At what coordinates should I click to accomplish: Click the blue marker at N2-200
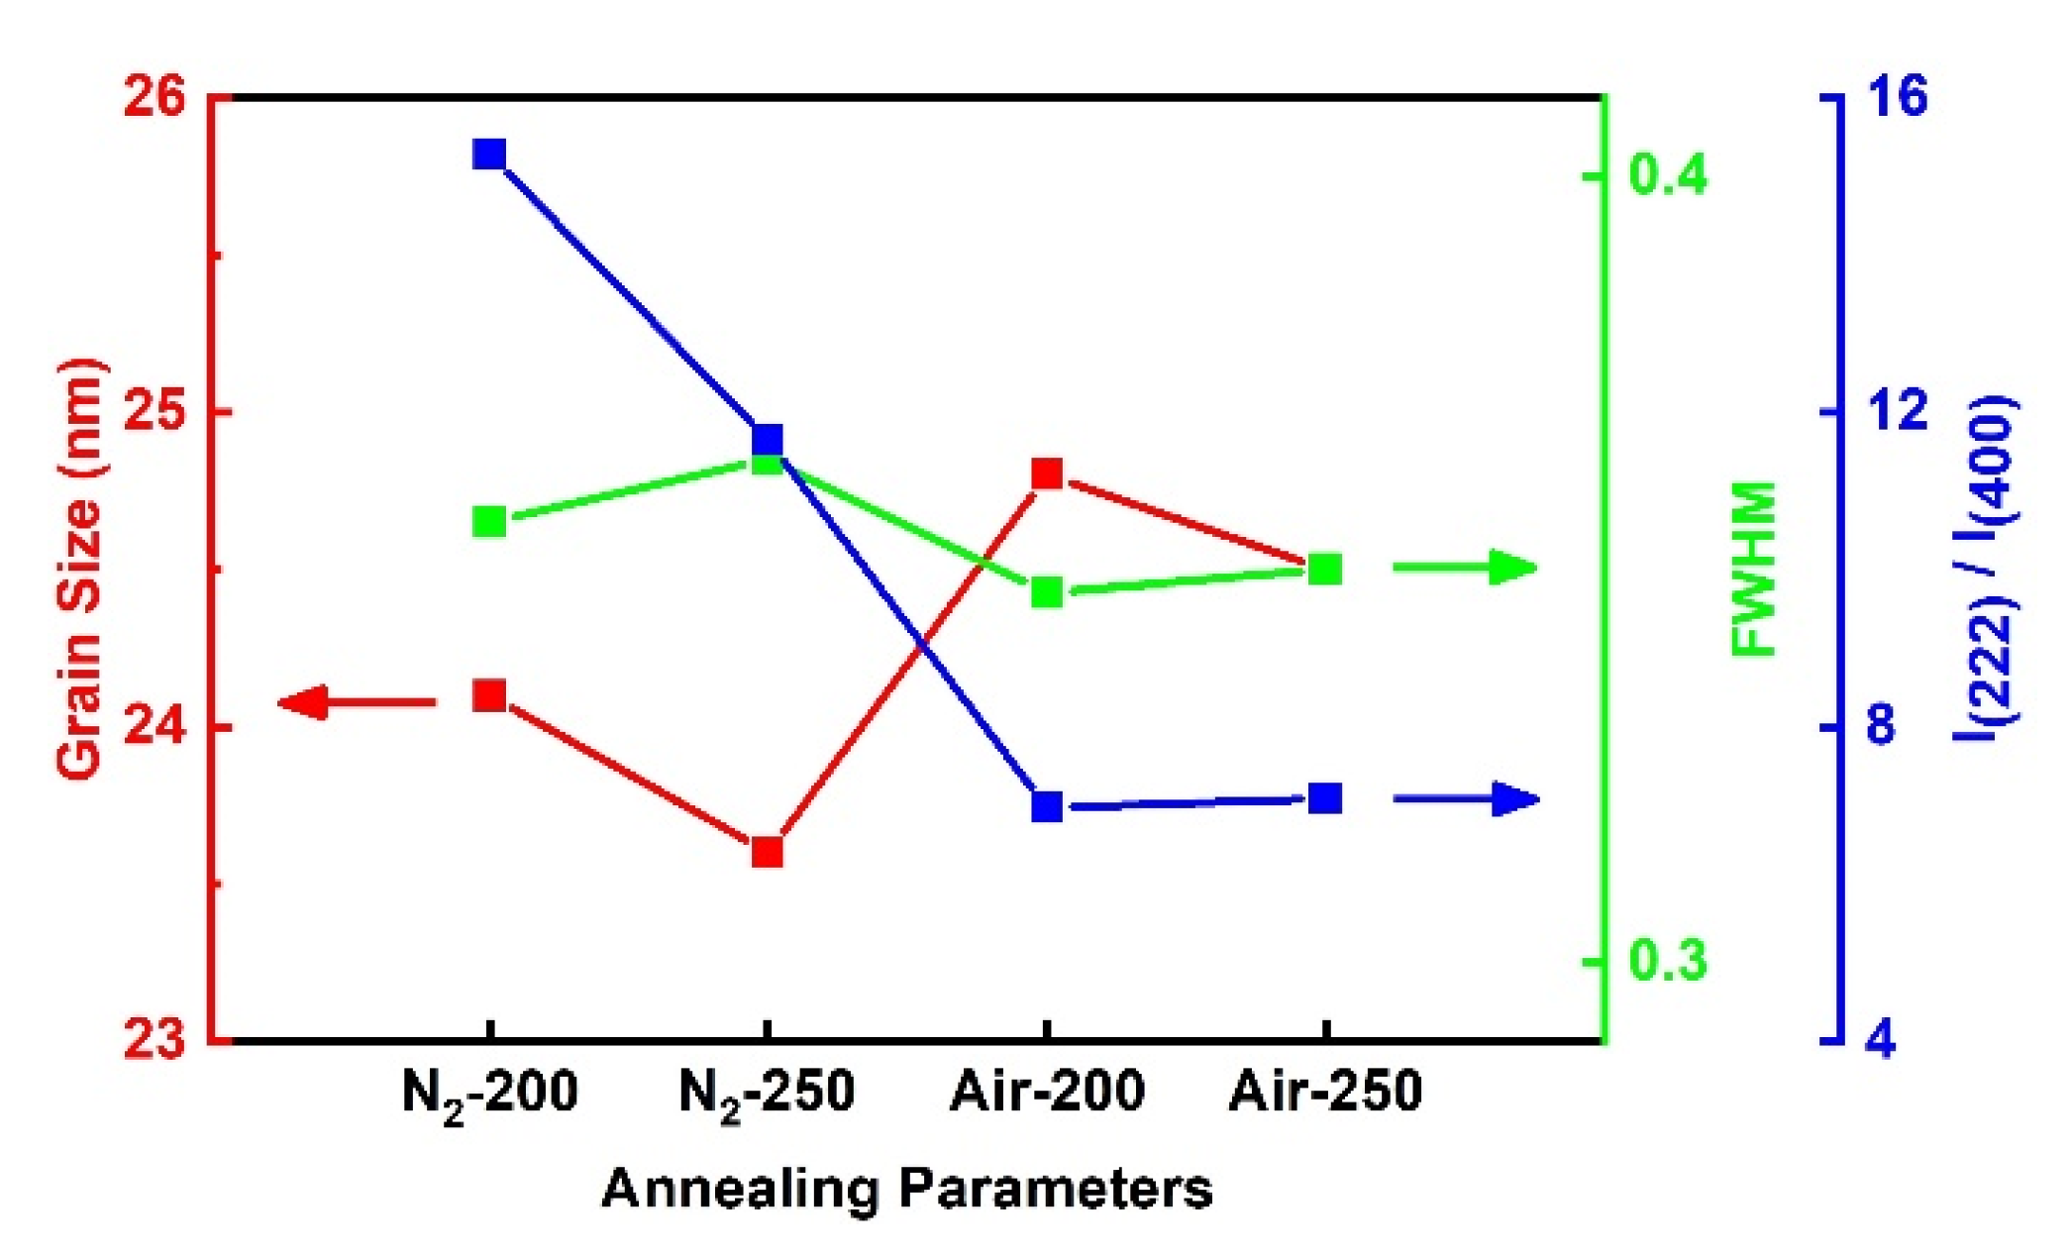(x=489, y=155)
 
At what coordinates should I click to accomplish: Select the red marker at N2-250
(x=768, y=852)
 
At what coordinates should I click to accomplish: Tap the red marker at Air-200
(x=1047, y=473)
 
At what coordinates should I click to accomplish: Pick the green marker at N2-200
(x=489, y=522)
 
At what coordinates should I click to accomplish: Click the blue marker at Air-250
(x=1325, y=798)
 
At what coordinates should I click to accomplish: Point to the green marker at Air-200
(x=1047, y=593)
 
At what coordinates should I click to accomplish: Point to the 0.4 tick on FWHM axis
(x=1668, y=175)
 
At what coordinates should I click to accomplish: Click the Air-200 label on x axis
(x=1047, y=1092)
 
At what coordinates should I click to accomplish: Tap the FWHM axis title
(x=1756, y=570)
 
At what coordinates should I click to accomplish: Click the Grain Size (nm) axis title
(x=79, y=570)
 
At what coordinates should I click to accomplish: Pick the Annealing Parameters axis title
(x=906, y=1189)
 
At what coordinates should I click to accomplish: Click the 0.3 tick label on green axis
(x=1668, y=961)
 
